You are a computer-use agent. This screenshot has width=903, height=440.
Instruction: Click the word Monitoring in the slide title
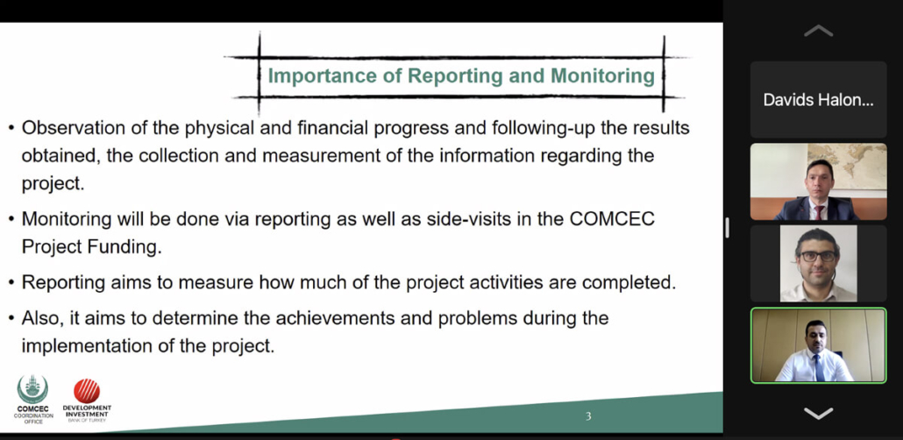pos(602,76)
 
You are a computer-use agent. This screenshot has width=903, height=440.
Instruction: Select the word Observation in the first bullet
pos(75,127)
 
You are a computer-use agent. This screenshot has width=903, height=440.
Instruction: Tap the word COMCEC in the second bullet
pos(612,219)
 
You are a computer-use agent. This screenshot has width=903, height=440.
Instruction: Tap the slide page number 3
pos(588,415)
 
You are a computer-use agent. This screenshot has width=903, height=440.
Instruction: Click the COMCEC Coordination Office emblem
pos(32,389)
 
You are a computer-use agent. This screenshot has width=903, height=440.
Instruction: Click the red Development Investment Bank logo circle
pos(87,391)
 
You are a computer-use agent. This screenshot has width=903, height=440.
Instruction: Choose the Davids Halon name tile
pos(818,100)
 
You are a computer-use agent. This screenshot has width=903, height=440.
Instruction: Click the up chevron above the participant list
pos(818,31)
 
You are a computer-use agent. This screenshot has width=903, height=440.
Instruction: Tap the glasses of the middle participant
pos(818,256)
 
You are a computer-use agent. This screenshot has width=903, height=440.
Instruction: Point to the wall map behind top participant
pos(848,166)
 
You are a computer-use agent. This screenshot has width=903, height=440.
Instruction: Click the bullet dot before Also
pos(11,318)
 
